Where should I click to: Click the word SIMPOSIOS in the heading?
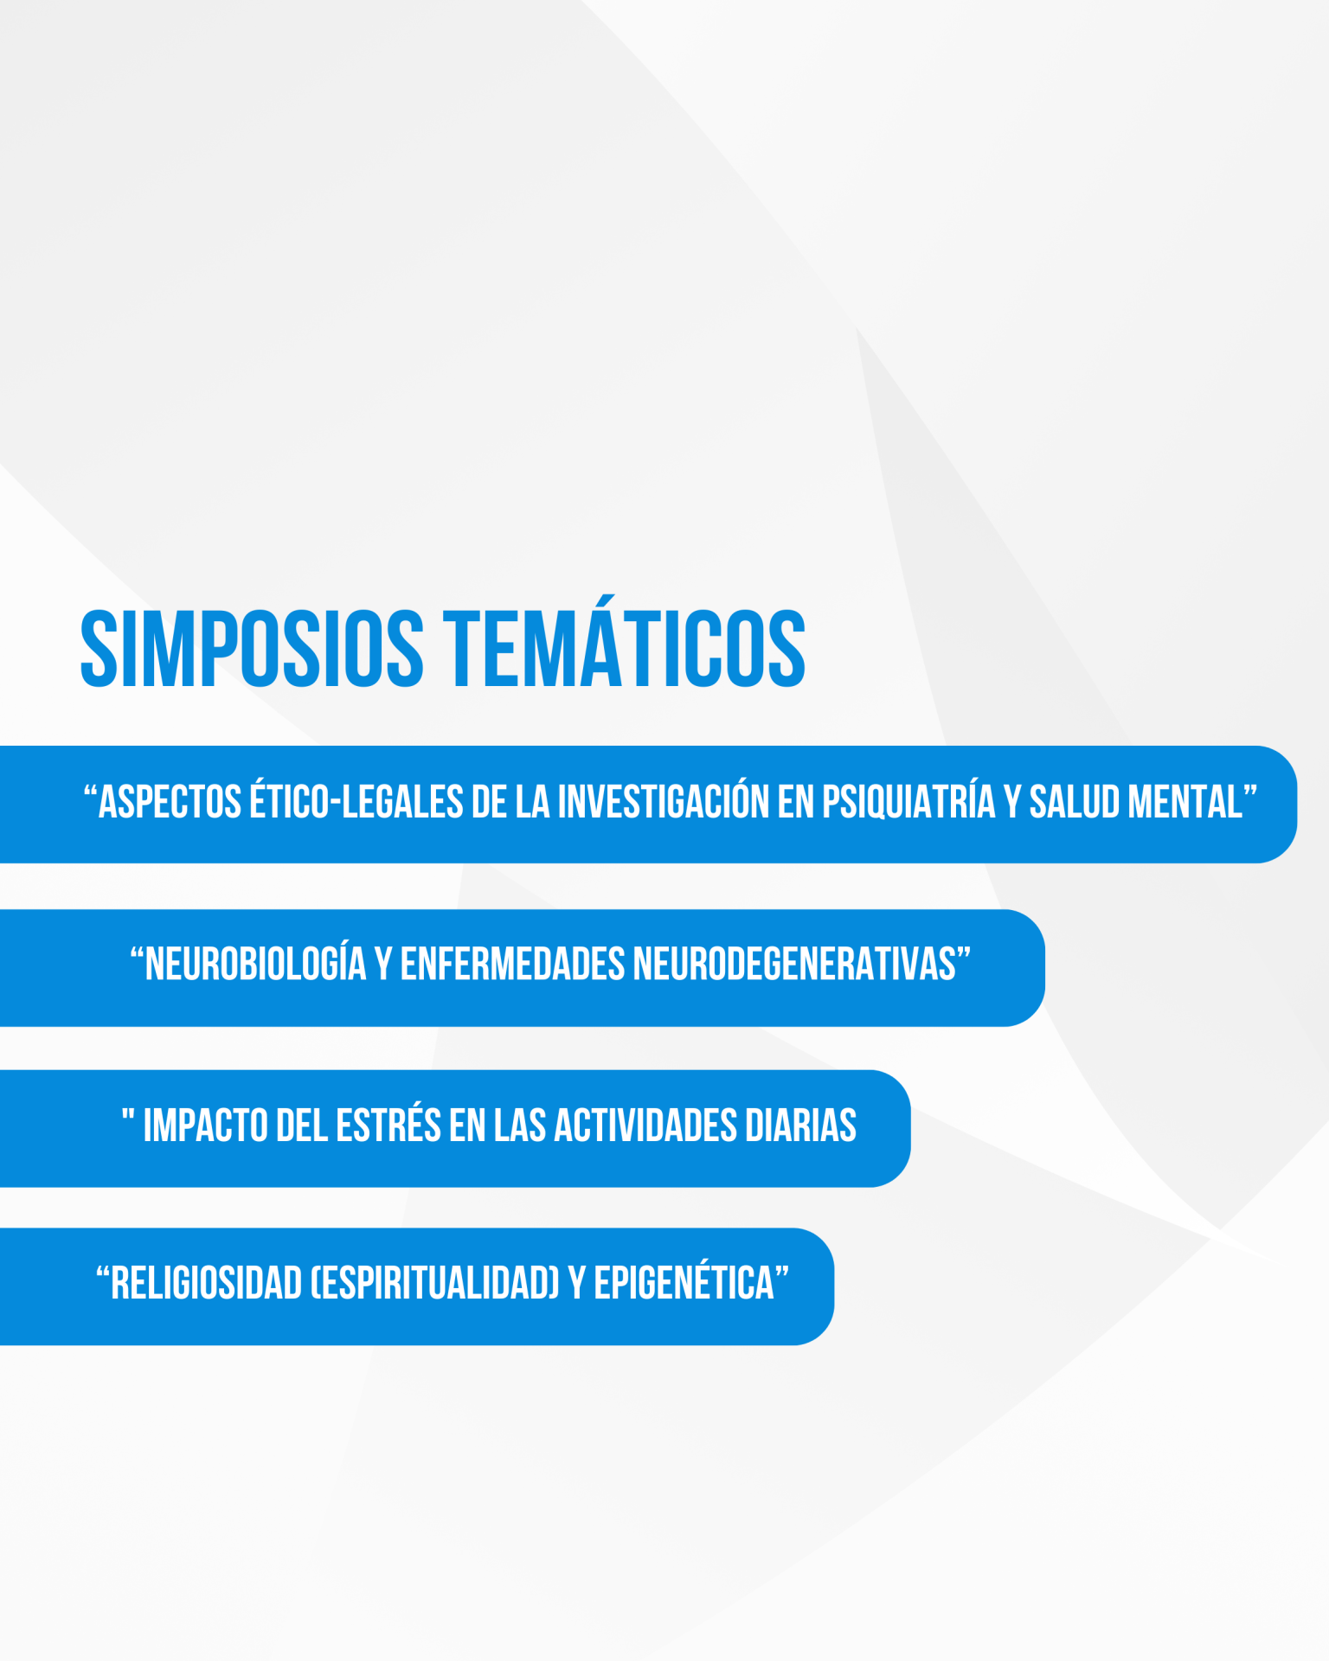tap(252, 649)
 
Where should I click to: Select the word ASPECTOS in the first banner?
tap(170, 802)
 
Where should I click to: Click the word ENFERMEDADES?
tap(512, 965)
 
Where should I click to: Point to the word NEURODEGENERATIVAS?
tap(794, 965)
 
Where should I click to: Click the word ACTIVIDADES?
tap(644, 1126)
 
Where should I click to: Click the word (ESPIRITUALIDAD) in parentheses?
tap(435, 1284)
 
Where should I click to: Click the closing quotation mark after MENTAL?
tap(1250, 792)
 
